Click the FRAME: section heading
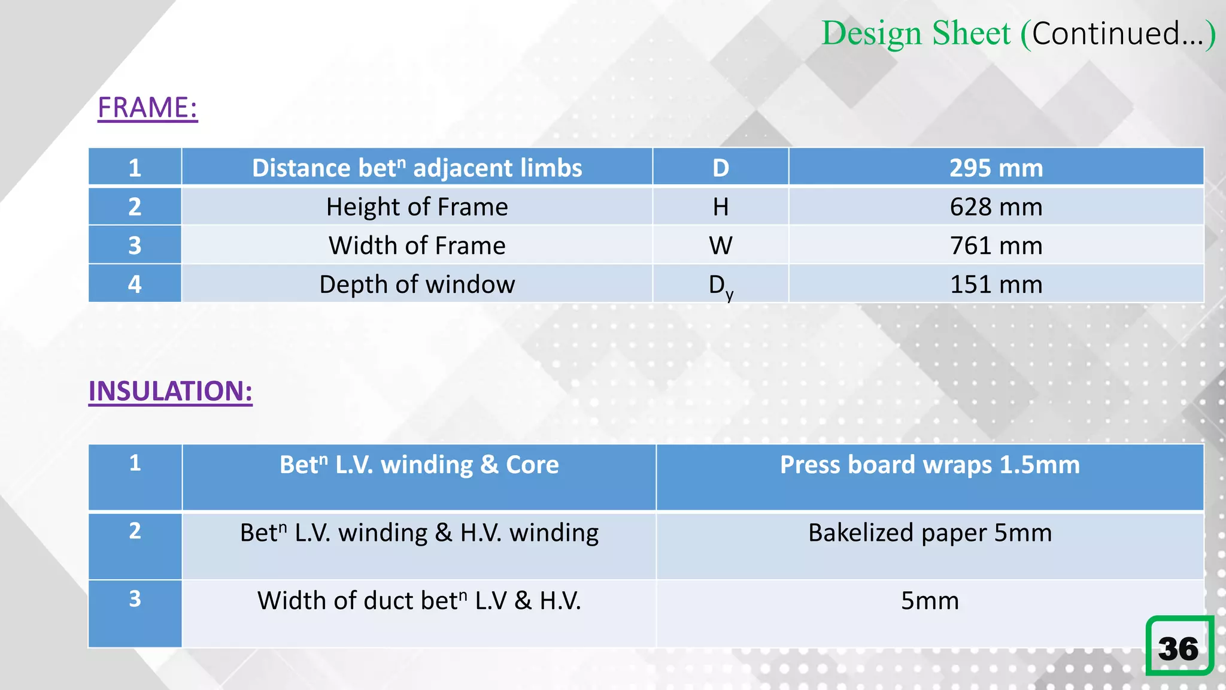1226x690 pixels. point(147,108)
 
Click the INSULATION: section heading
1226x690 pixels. point(170,391)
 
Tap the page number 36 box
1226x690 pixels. point(1179,646)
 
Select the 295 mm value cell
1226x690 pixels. point(996,168)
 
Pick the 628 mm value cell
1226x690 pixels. point(996,207)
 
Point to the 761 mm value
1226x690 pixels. point(996,246)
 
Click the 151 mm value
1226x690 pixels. point(996,285)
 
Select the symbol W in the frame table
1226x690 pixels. point(720,246)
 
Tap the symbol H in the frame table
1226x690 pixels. point(720,207)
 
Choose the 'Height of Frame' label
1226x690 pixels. point(417,207)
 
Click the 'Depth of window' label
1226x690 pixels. point(417,285)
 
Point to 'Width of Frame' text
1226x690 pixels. point(417,246)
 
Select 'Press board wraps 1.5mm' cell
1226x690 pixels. point(930,465)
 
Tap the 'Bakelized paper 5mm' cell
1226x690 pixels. point(930,532)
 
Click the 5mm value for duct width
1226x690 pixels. point(930,600)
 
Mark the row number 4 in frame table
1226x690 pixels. point(135,284)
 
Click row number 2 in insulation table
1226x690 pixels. point(135,531)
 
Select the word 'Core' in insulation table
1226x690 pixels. point(532,465)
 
